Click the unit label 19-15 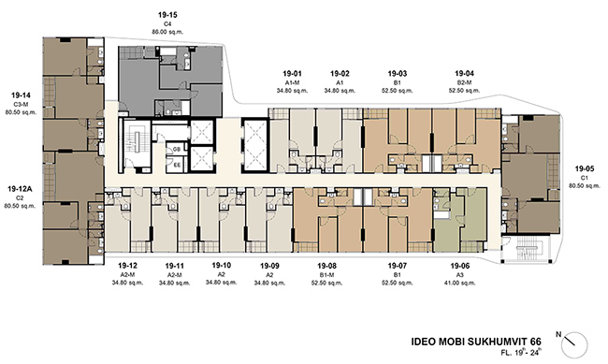(x=167, y=15)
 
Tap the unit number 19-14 (x=21, y=95)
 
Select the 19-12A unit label (x=20, y=189)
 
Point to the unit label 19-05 (x=585, y=168)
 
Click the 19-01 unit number (x=292, y=73)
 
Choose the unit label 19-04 (x=464, y=73)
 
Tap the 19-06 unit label (x=460, y=266)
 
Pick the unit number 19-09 (x=269, y=266)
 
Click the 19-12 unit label (x=127, y=266)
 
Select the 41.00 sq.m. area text (x=460, y=283)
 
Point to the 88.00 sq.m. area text (x=167, y=32)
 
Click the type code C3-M (x=21, y=105)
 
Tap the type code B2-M (x=464, y=82)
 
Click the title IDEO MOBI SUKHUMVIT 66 (x=476, y=342)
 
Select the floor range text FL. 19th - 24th (x=521, y=353)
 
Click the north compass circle (x=575, y=345)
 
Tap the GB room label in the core (x=177, y=150)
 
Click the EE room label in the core (x=177, y=165)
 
